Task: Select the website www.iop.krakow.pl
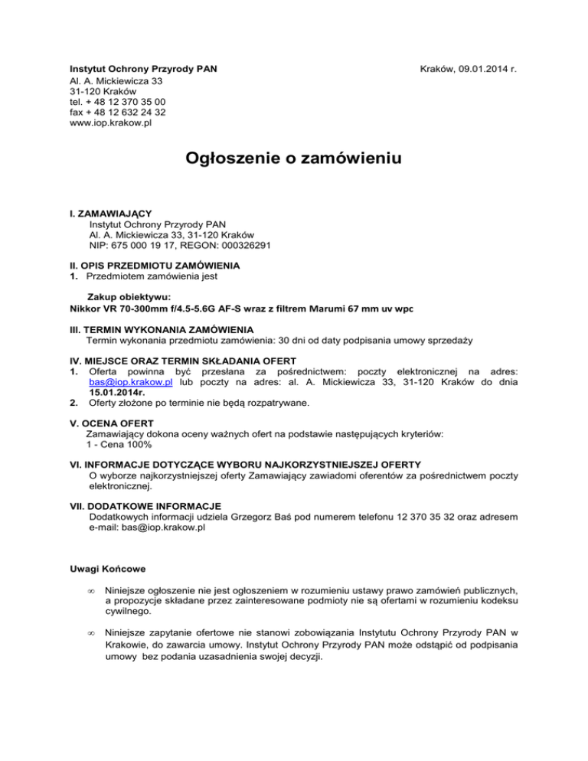pos(110,122)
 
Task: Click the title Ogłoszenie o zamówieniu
pos(294,159)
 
